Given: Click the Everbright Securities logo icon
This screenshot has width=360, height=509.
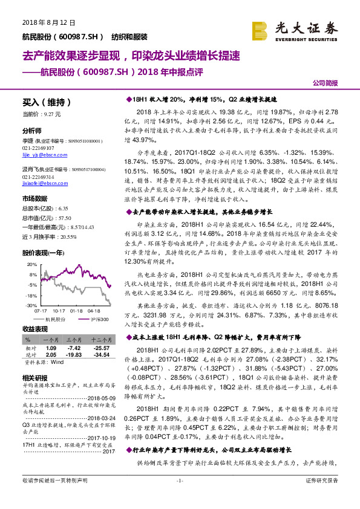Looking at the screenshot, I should [260, 30].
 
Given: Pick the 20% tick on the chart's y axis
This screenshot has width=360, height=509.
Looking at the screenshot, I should [31, 265].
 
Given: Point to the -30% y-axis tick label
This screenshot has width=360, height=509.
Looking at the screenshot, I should [31, 306].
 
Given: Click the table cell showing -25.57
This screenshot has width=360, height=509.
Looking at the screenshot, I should [101, 348].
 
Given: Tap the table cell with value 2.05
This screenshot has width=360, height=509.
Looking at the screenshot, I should [51, 355].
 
